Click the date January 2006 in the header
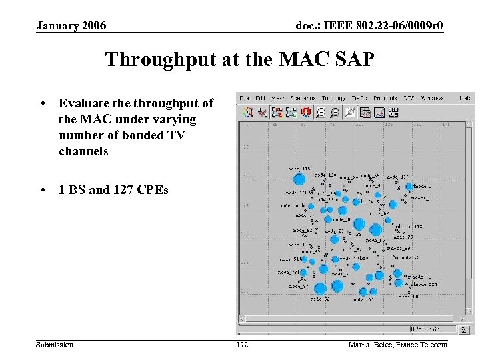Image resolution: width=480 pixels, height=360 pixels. coord(71,26)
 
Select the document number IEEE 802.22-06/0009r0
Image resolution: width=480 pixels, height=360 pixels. coord(369,26)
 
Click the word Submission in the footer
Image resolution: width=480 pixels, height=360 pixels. coord(55,345)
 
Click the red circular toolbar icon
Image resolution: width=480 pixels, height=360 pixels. coord(307,113)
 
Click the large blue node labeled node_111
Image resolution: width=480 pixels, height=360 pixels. coord(299,179)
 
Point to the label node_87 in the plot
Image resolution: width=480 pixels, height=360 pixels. coord(297,286)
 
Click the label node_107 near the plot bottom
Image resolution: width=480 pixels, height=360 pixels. coord(363,300)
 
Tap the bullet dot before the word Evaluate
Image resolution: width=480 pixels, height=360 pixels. coord(42,103)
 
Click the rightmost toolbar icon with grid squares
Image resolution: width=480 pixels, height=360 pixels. coord(393,113)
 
